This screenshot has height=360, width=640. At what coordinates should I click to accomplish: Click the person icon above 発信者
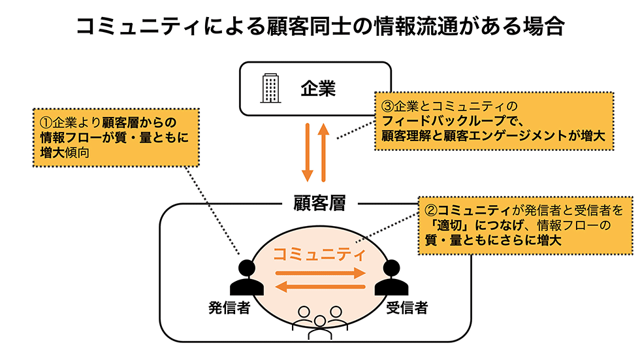246,278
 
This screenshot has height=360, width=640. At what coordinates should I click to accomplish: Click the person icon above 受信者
391,278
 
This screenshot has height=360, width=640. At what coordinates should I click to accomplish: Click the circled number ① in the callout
46,122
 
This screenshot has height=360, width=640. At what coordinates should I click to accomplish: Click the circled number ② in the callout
430,210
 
